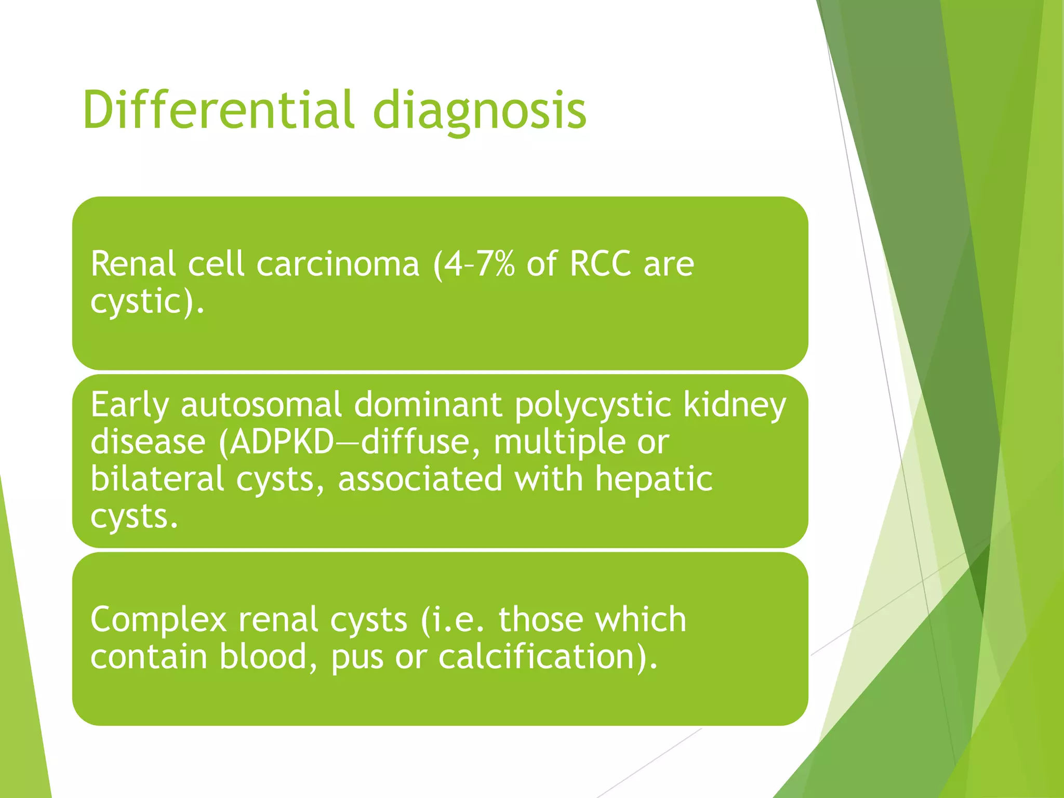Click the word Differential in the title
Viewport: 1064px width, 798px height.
point(218,110)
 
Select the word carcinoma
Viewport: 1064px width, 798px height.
point(338,264)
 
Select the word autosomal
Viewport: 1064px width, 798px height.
point(261,405)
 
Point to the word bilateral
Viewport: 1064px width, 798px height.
point(157,478)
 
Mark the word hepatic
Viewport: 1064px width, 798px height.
point(654,478)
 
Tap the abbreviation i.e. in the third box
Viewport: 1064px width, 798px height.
point(455,619)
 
